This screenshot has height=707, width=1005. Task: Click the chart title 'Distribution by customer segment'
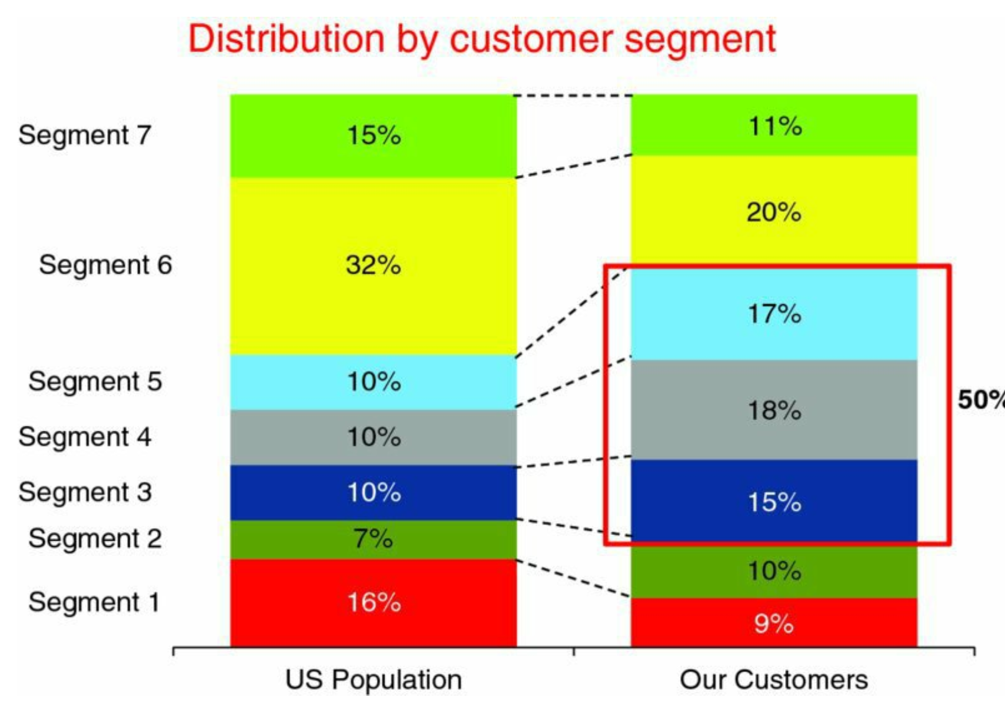482,38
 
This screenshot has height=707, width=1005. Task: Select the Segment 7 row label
85,135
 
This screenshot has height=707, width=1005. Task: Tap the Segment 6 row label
106,264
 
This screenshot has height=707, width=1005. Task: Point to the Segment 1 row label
94,602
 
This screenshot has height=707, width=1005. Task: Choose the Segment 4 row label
85,437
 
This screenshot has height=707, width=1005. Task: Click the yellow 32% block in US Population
373,266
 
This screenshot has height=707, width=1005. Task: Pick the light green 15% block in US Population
373,135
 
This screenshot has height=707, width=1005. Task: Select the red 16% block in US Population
373,603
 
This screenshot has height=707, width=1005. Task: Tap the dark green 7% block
373,539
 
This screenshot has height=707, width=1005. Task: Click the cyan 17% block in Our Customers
774,314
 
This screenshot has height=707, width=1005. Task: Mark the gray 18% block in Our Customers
774,410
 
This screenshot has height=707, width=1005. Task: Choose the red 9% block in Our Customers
774,623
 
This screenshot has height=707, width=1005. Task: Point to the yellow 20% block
774,212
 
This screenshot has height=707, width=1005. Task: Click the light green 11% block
774,126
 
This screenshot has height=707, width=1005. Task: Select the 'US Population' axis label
373,680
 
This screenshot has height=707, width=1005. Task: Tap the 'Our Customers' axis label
774,680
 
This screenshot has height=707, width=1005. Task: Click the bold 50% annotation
981,400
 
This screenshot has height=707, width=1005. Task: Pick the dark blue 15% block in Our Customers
774,502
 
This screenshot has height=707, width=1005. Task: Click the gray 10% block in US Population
373,438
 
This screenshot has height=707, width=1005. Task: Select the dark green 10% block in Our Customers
774,570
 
